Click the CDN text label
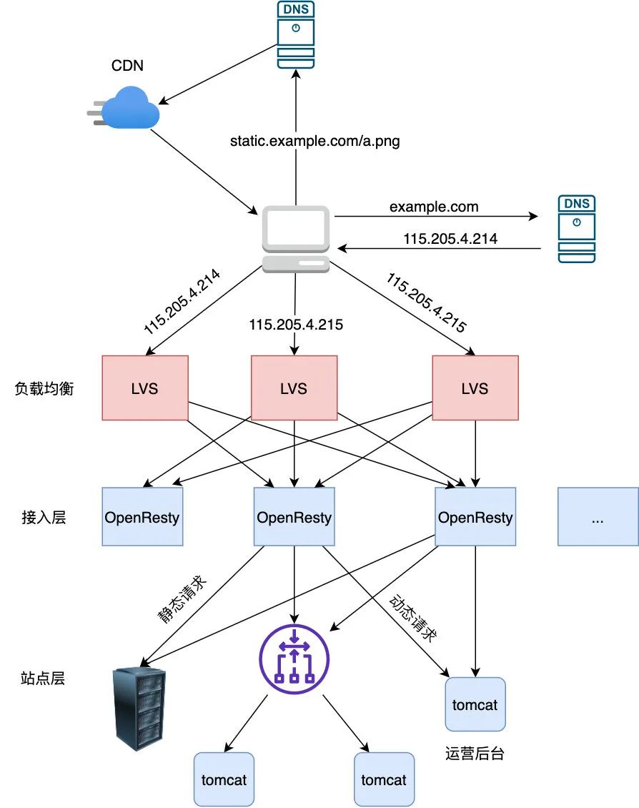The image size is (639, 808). tap(127, 66)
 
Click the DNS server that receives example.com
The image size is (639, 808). tap(577, 229)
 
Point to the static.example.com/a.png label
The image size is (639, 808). tap(314, 142)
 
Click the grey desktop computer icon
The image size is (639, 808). tap(295, 239)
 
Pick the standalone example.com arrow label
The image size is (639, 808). tap(434, 207)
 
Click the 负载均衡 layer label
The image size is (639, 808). tap(44, 389)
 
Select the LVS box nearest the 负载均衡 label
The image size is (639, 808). tap(146, 388)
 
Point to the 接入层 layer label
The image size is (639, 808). tap(44, 517)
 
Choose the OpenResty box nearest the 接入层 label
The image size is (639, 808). tap(142, 517)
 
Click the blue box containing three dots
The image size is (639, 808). tap(598, 517)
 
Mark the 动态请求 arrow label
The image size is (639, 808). tap(412, 616)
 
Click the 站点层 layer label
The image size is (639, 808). tap(44, 678)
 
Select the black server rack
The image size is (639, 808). tap(140, 709)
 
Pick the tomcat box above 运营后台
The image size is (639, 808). tap(475, 704)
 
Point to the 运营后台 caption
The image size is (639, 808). tap(474, 754)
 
